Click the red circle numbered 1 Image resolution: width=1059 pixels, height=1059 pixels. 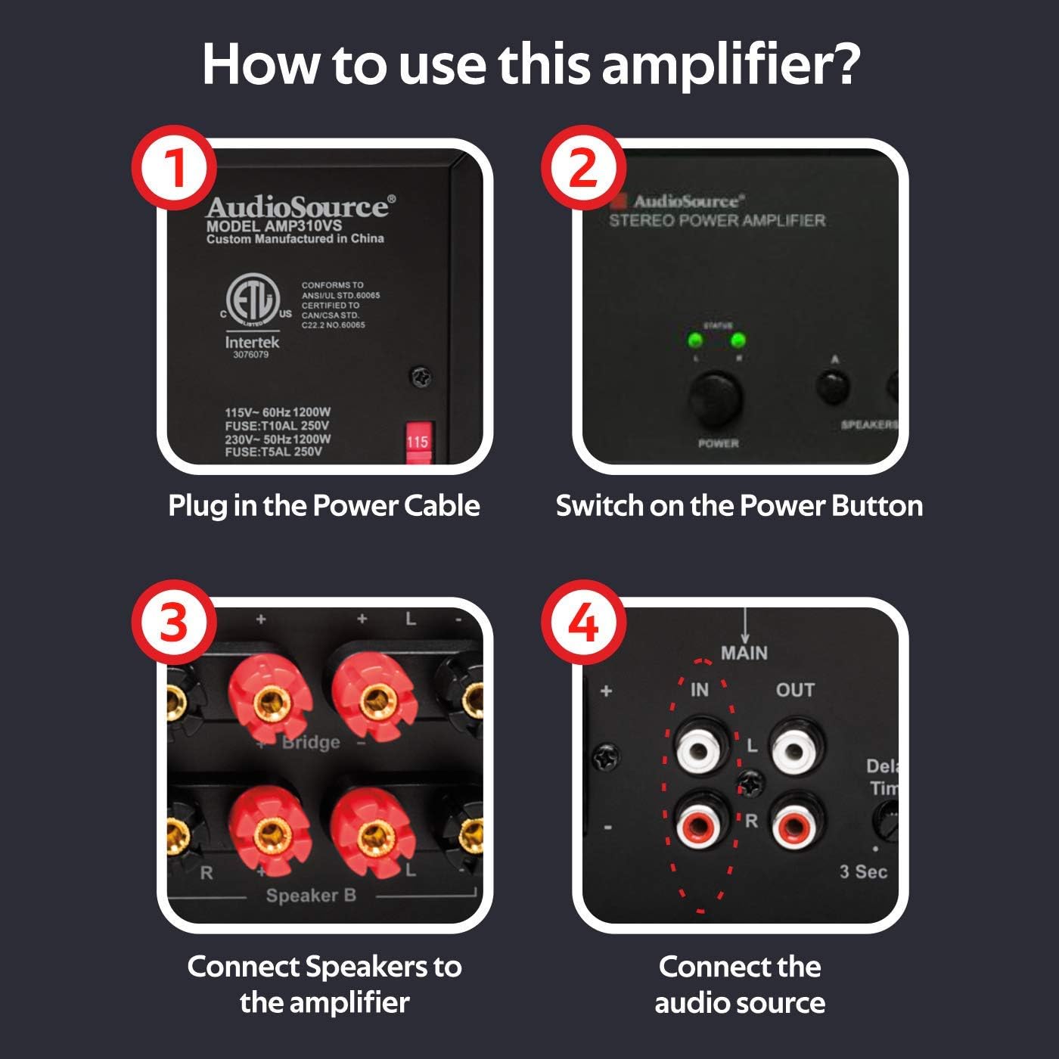click(x=174, y=167)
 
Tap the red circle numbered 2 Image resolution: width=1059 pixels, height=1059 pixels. click(x=583, y=167)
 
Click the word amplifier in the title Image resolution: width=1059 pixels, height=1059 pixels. click(x=731, y=65)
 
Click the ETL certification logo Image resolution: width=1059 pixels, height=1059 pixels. click(x=253, y=303)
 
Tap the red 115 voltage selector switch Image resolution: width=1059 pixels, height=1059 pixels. click(x=418, y=441)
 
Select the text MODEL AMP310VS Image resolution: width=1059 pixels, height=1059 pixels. click(x=274, y=225)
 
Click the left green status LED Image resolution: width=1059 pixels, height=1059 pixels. click(x=692, y=340)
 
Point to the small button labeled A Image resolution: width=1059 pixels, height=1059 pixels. click(x=833, y=386)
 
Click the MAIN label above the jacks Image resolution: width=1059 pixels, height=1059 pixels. click(x=744, y=653)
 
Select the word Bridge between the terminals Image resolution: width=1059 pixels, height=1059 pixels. click(x=311, y=742)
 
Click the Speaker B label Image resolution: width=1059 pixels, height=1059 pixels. click(x=311, y=896)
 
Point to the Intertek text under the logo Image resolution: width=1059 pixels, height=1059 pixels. click(x=252, y=342)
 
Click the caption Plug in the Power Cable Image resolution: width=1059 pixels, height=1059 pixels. click(x=324, y=505)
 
